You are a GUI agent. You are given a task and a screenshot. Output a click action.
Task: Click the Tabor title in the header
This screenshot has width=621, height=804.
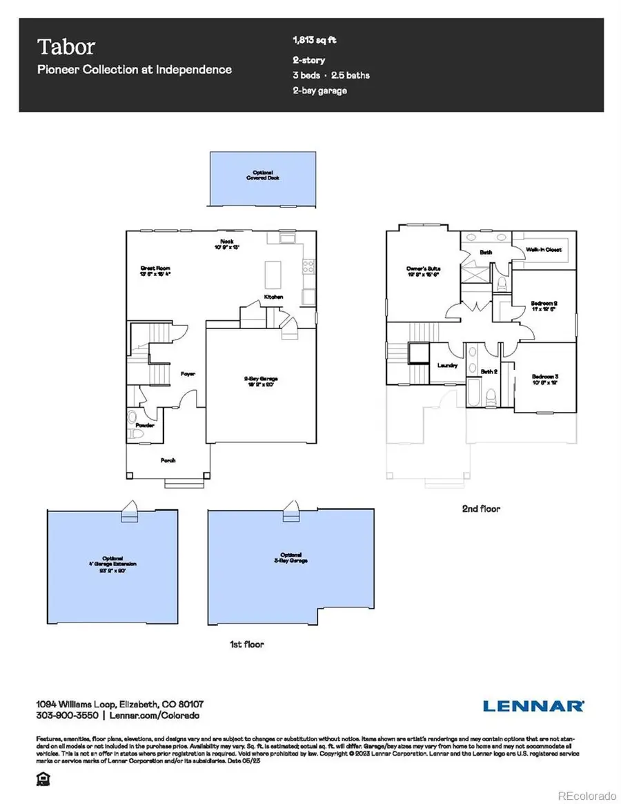pyautogui.click(x=66, y=47)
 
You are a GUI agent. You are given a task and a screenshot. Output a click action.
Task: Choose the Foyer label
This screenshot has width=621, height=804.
pyautogui.click(x=188, y=373)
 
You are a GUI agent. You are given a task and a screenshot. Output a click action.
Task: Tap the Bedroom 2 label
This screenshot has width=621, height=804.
pyautogui.click(x=544, y=304)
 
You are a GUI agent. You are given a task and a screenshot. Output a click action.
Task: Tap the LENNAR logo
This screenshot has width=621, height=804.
pyautogui.click(x=534, y=705)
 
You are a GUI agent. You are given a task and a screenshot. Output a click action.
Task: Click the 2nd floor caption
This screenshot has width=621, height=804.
pyautogui.click(x=481, y=509)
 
